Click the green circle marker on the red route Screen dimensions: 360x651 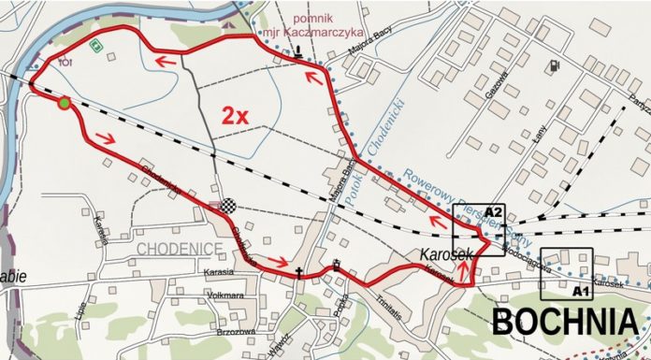(x=63, y=103)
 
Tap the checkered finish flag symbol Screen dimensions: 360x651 (x=224, y=207)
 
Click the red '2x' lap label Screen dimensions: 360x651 (x=234, y=116)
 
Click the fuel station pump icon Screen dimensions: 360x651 (x=557, y=65)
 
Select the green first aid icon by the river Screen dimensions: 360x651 (x=94, y=44)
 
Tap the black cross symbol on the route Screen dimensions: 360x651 (x=299, y=273)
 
